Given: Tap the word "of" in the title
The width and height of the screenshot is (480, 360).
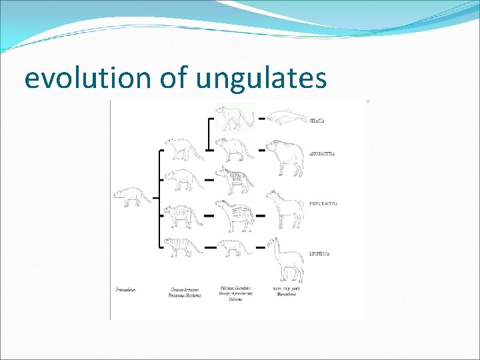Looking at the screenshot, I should (175, 78).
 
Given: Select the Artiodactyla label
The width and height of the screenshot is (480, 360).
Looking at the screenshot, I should (323, 153).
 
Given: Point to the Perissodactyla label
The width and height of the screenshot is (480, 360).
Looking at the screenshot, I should (323, 203).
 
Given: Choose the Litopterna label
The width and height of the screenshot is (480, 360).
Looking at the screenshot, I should (320, 254).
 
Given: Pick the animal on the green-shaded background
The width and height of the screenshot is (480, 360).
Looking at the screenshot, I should (232, 117).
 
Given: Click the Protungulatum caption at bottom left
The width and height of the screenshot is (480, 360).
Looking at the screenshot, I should (125, 290).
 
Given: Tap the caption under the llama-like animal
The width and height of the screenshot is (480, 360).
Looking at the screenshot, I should (286, 291).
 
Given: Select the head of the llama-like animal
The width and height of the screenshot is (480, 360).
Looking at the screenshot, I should (272, 242).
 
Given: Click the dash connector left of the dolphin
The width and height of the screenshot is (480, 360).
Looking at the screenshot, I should (262, 119).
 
